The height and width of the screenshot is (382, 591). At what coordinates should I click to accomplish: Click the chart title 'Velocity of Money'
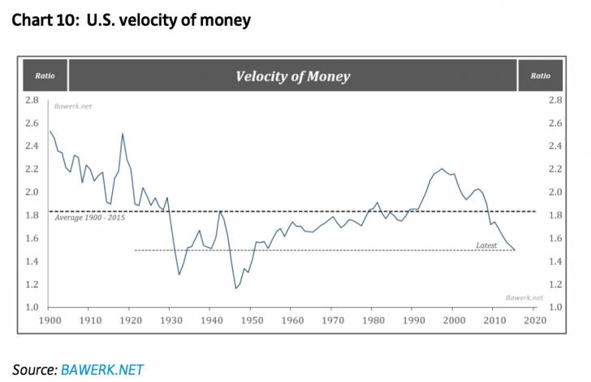292,76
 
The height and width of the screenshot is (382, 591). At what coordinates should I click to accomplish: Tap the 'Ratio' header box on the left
45,76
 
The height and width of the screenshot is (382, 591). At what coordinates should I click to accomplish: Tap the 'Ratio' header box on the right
540,76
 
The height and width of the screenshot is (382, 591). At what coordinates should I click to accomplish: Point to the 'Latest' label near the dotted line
486,244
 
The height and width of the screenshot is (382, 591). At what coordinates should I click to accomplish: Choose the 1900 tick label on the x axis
50,321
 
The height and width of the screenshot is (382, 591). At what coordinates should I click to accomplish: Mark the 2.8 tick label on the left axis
32,100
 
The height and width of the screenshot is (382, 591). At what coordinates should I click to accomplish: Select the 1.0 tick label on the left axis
32,306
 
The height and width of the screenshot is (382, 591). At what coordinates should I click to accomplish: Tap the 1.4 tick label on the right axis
555,261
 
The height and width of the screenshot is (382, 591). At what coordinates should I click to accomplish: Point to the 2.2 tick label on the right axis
555,169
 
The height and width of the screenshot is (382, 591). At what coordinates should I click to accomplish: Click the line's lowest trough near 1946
235,288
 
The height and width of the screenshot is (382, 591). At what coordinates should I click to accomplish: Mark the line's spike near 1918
123,134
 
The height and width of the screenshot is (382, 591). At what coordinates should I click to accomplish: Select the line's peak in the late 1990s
442,169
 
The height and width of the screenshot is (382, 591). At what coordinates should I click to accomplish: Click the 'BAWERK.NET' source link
101,369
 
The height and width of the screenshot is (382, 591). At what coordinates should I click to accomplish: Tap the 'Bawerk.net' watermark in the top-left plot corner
70,107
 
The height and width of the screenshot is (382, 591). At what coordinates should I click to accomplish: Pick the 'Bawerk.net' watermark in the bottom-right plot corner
517,298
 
